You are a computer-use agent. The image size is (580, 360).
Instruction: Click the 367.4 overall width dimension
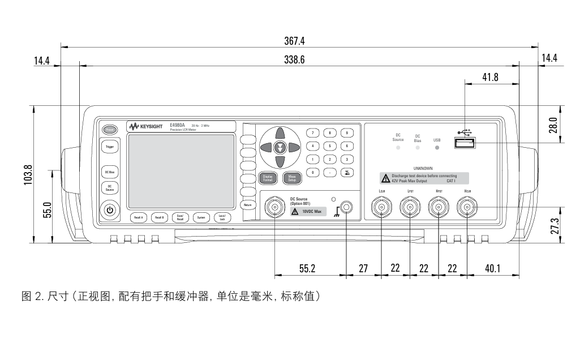295,41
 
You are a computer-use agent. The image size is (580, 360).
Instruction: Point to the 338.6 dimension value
295,60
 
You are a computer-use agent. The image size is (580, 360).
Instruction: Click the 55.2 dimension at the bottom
307,268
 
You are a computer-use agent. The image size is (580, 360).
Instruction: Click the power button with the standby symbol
110,211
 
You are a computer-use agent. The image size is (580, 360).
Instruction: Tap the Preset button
110,129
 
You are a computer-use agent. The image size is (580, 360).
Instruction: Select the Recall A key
139,217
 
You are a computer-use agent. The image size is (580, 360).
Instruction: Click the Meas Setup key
292,178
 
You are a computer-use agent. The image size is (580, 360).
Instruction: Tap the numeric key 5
329,146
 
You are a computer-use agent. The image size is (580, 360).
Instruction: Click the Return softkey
247,204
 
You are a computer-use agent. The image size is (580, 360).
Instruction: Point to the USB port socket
464,143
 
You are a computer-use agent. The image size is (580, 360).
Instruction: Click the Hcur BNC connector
467,209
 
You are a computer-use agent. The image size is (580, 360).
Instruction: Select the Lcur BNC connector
383,209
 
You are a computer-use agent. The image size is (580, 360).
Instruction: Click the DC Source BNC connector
275,209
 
